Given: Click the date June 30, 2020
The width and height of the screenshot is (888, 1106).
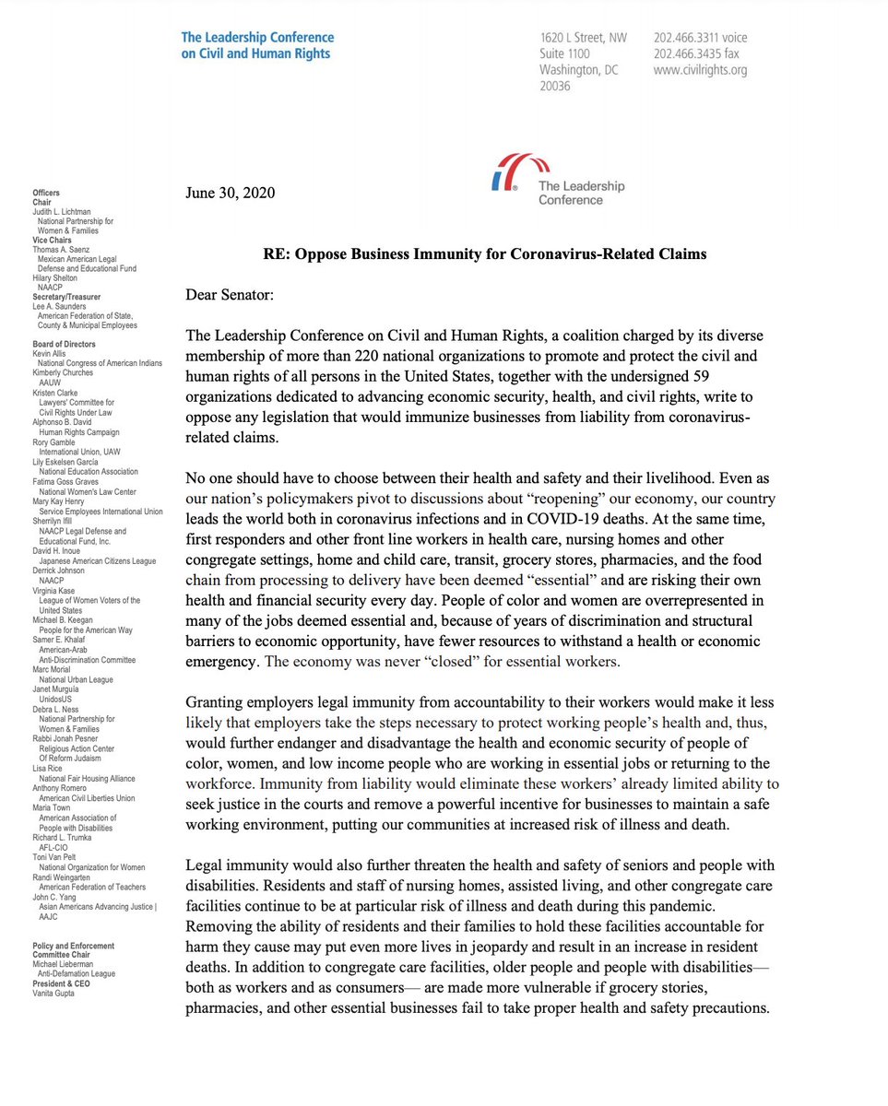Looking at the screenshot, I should (x=230, y=193).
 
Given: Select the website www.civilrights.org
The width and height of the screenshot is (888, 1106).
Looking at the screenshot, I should (x=700, y=70).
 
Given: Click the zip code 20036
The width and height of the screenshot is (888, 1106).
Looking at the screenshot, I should (x=555, y=87).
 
